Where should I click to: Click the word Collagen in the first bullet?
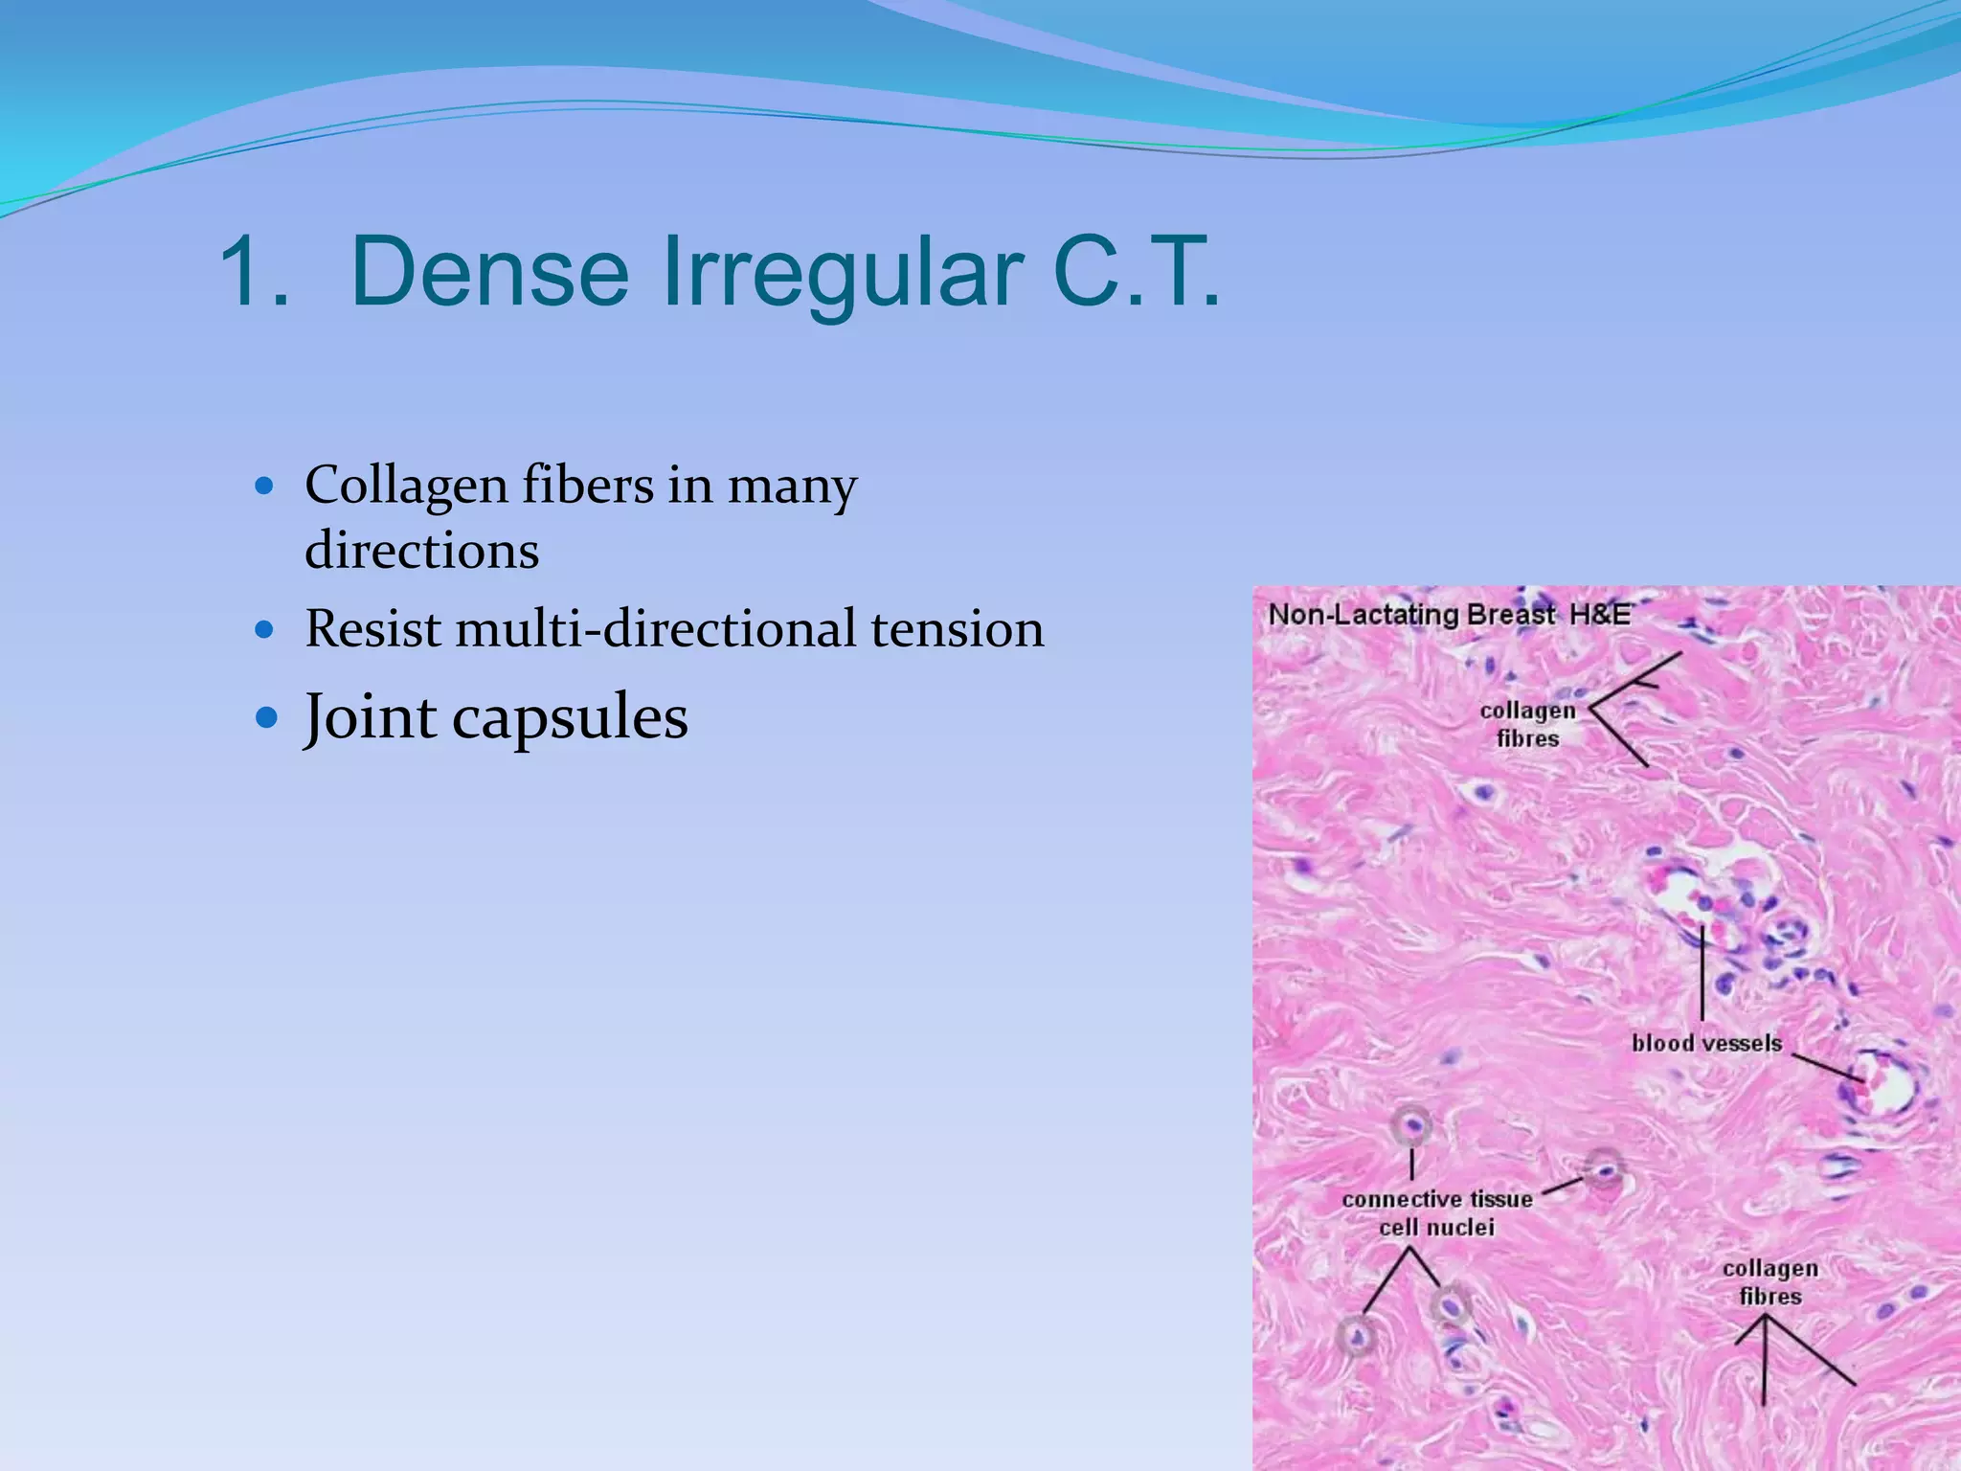coord(406,486)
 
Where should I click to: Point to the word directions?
coord(421,552)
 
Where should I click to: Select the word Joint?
coord(369,717)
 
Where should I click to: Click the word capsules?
coord(570,717)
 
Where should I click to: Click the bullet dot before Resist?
coord(265,629)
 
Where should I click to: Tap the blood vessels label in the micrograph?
coord(1706,1043)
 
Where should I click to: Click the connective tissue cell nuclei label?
coord(1436,1212)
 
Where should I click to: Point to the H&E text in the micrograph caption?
coord(1600,614)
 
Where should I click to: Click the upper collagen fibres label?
coord(1527,724)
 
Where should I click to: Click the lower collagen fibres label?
coord(1769,1281)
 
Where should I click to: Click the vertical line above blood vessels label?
coord(1702,972)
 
